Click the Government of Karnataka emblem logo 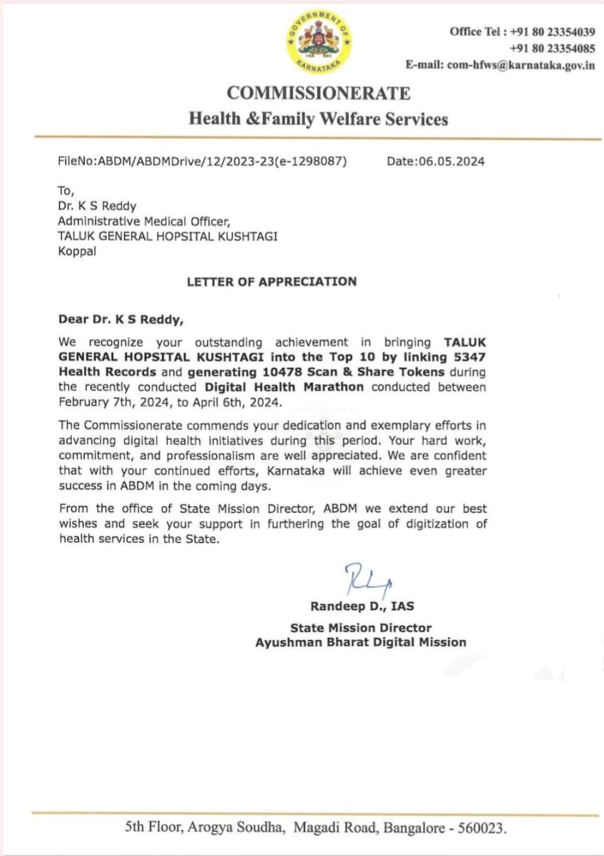coord(319,41)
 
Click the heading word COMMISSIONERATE coord(318,93)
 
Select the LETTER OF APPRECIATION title coord(272,282)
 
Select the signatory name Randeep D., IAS coord(362,607)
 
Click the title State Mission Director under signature coord(361,628)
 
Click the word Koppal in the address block coord(76,252)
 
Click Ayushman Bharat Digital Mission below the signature coord(361,642)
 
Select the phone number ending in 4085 coord(552,48)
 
